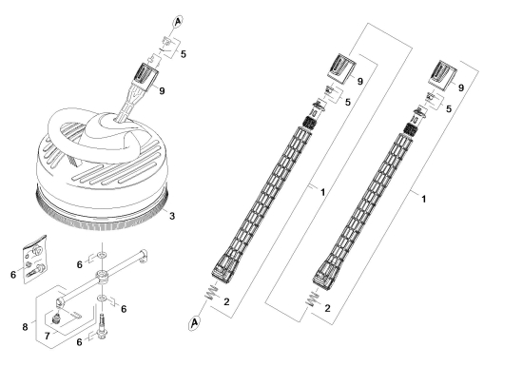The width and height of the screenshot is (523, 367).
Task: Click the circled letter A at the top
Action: (178, 21)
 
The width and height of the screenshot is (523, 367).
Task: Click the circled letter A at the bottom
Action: (194, 323)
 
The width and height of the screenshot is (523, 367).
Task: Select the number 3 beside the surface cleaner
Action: (172, 216)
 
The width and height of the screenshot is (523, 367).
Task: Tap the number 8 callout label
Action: (25, 327)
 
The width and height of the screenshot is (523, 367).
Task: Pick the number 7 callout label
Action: (47, 336)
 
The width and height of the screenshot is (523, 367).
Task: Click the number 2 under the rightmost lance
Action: (327, 308)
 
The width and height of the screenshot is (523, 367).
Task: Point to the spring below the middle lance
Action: (211, 292)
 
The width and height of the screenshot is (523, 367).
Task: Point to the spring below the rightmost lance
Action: (312, 299)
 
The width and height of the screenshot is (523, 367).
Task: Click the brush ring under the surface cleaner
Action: (102, 214)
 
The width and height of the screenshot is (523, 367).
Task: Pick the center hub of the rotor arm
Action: (102, 277)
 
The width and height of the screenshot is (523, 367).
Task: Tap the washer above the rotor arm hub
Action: (102, 256)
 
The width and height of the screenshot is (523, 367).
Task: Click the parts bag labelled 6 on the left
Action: (35, 260)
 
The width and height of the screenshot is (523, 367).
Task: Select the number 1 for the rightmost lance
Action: (423, 199)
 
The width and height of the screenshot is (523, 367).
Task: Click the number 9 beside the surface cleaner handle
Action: (162, 90)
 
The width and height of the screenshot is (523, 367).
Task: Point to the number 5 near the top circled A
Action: (184, 54)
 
